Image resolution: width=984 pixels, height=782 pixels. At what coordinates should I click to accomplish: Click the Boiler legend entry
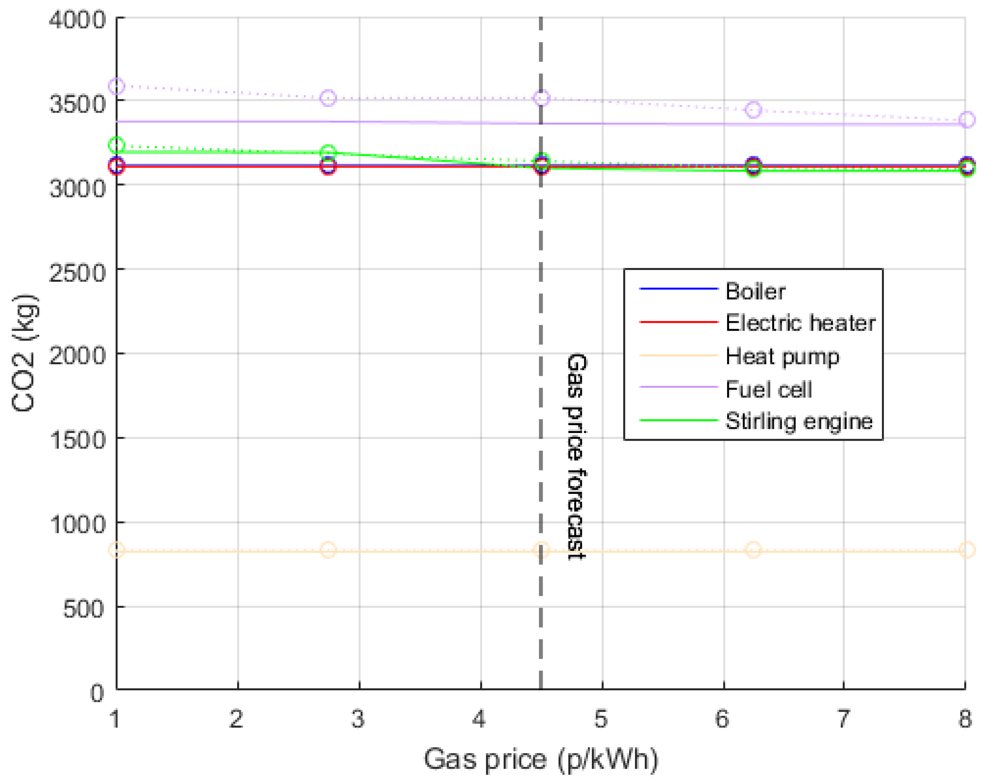pyautogui.click(x=755, y=291)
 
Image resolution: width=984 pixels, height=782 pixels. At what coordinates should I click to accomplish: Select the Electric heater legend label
pyautogui.click(x=800, y=323)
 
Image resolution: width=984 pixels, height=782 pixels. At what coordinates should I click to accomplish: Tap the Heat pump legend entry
pyautogui.click(x=782, y=356)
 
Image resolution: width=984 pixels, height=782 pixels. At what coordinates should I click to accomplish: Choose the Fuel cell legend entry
pyautogui.click(x=769, y=389)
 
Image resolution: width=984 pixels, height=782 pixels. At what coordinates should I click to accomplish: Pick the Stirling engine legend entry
pyautogui.click(x=799, y=421)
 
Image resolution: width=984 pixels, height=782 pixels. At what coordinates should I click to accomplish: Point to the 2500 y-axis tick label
pyautogui.click(x=77, y=273)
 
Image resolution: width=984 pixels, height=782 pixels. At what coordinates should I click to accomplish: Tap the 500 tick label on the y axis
pyautogui.click(x=84, y=609)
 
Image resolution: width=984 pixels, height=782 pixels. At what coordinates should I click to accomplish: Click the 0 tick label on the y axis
pyautogui.click(x=97, y=693)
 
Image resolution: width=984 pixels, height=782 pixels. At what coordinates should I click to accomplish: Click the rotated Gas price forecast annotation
pyautogui.click(x=576, y=456)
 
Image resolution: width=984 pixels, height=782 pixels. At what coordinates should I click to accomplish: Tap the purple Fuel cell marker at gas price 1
pyautogui.click(x=117, y=86)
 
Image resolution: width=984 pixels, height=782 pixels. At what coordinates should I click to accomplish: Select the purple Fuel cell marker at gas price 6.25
pyautogui.click(x=753, y=110)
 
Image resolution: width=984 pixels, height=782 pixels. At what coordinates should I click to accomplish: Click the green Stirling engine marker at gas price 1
pyautogui.click(x=117, y=145)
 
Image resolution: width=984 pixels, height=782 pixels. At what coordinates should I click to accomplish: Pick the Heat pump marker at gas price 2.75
pyautogui.click(x=328, y=550)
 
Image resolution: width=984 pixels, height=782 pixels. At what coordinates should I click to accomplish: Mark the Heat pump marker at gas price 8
pyautogui.click(x=966, y=550)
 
